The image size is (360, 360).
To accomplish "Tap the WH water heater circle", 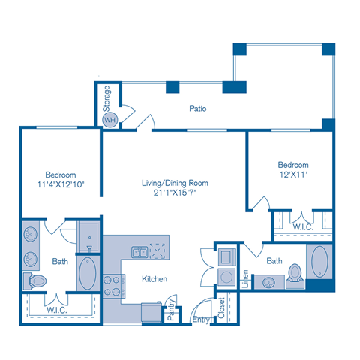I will (109, 119).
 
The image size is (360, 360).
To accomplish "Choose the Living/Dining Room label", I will (175, 182).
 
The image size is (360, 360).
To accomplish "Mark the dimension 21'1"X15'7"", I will (175, 193).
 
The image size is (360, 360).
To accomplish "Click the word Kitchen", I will (153, 279).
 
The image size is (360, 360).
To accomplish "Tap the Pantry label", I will (171, 310).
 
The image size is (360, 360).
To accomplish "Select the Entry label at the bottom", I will (200, 320).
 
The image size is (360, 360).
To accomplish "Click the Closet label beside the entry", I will (221, 307).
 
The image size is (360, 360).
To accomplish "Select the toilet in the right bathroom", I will (295, 274).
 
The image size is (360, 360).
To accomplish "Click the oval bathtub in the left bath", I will (86, 274).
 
